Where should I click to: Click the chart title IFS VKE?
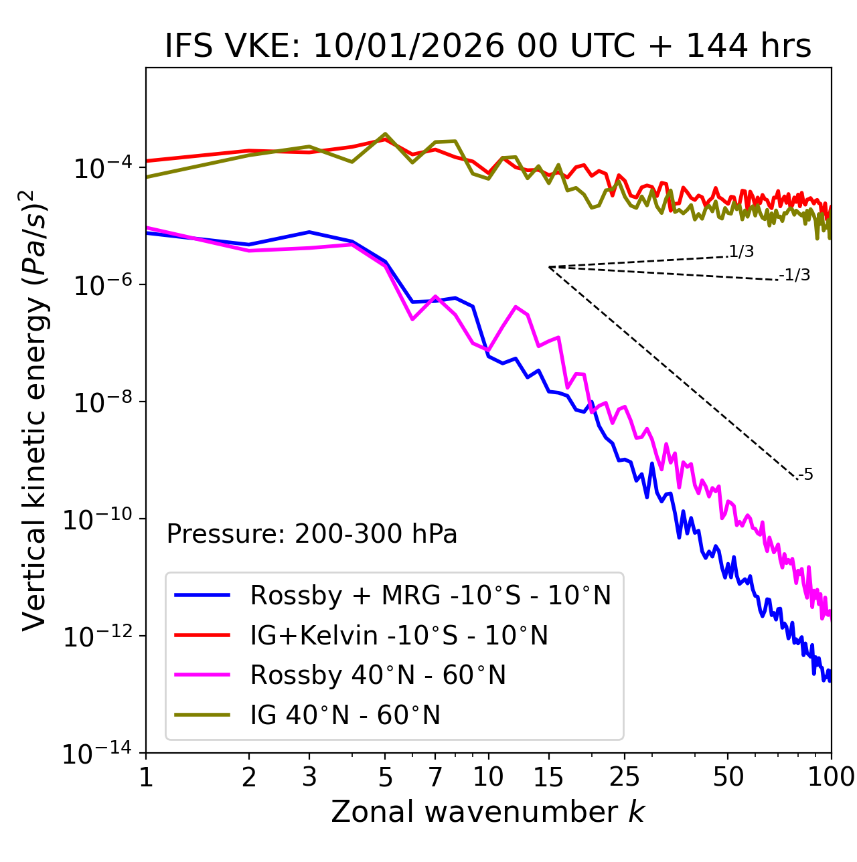(487, 47)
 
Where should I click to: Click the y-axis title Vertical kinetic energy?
(36, 410)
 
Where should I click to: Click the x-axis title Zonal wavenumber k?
(487, 812)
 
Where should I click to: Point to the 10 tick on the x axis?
(488, 777)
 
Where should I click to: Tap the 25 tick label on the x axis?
(624, 777)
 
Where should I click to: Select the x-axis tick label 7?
(435, 777)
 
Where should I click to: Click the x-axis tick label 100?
(831, 777)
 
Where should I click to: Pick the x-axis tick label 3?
(309, 777)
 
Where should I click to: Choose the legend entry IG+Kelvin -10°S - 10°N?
(399, 635)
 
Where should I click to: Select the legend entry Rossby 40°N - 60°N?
(378, 675)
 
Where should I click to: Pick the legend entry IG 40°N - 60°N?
(345, 715)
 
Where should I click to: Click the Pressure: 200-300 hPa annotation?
(312, 534)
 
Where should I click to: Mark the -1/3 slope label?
(795, 275)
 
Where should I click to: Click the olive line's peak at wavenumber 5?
(385, 134)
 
